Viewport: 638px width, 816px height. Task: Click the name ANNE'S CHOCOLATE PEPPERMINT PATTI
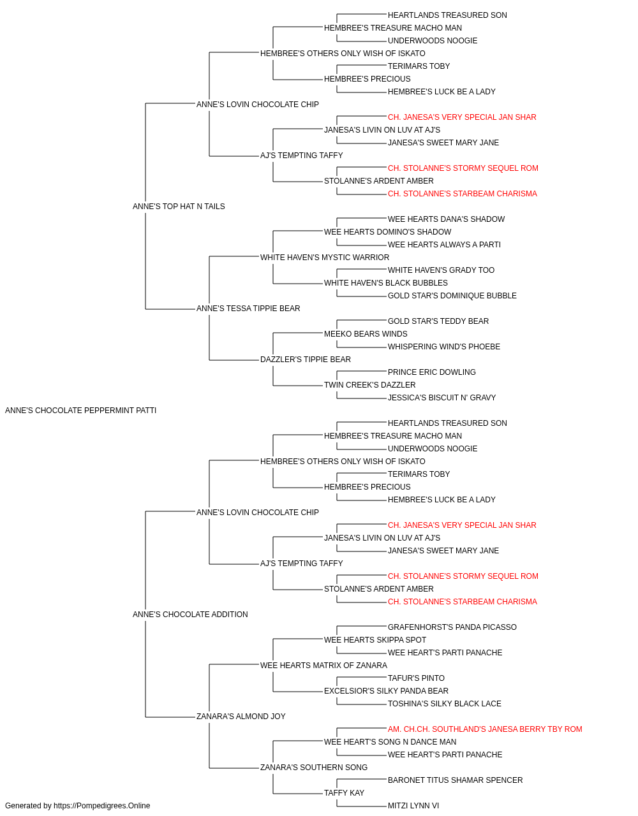pos(80,411)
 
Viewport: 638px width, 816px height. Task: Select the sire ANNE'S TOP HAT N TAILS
pos(179,206)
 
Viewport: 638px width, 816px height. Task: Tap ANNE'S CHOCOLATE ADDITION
pos(190,615)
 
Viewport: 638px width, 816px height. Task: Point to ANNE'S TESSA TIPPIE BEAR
pos(248,309)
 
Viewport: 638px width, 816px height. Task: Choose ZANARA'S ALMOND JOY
pos(241,716)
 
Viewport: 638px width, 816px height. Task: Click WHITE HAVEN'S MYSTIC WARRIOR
pos(325,257)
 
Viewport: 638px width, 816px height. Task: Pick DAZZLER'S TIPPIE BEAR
pos(306,360)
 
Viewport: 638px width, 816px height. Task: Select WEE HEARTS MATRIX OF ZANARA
pos(323,665)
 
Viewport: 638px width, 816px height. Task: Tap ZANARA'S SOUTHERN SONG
pos(314,767)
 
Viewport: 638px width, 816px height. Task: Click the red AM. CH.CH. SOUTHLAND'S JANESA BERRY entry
pos(485,729)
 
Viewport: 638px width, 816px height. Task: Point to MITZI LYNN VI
pos(413,806)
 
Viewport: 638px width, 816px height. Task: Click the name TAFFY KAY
pos(344,792)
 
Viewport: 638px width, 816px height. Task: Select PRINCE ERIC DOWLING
pos(432,372)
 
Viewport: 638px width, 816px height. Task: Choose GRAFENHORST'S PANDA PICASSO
pos(452,627)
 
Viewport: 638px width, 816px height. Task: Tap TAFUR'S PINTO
pos(416,678)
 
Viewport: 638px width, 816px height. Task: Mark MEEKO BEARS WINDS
pos(366,334)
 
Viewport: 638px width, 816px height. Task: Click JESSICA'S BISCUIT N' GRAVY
pos(442,397)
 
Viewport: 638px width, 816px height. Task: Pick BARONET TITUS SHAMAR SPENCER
pos(455,780)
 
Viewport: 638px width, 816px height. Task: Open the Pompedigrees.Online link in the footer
pos(102,806)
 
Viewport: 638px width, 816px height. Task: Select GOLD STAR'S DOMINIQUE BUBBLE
pos(452,296)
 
